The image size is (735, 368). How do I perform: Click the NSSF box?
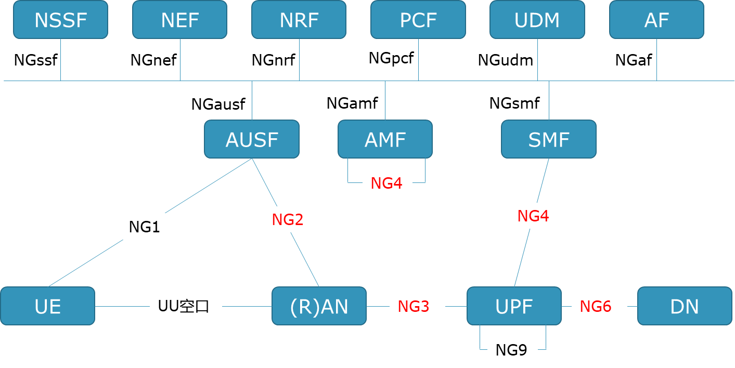tap(60, 20)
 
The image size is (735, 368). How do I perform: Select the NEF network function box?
tap(179, 20)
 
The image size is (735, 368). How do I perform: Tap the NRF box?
tap(299, 20)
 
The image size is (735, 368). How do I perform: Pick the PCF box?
tap(418, 20)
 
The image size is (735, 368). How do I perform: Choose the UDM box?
tap(537, 20)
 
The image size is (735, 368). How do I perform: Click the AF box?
tap(656, 20)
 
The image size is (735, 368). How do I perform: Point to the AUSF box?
tap(252, 139)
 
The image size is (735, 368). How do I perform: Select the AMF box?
tap(385, 139)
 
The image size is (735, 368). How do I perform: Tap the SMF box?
tap(549, 139)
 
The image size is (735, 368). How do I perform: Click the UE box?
tap(48, 306)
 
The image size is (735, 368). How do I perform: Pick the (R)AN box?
tap(319, 306)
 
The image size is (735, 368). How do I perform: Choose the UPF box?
tap(514, 306)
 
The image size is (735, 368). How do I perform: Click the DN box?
tap(685, 306)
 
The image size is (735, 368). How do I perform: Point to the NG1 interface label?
tap(145, 227)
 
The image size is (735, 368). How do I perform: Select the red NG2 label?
tap(288, 219)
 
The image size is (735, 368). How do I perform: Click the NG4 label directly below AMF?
tap(387, 183)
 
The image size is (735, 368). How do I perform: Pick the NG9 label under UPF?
tap(512, 350)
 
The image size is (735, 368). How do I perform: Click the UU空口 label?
tap(186, 306)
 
